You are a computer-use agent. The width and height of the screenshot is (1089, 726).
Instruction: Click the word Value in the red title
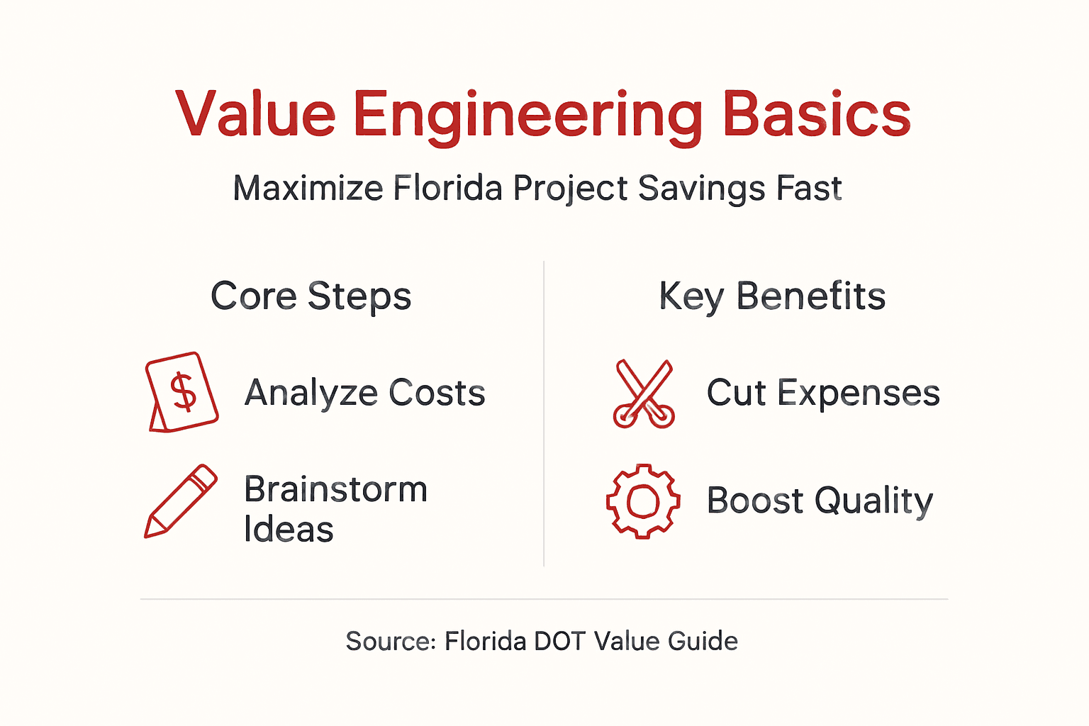(x=255, y=115)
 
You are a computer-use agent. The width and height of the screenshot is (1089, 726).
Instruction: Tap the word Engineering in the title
(x=527, y=117)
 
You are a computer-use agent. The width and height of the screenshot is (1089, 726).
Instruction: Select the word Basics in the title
(x=816, y=115)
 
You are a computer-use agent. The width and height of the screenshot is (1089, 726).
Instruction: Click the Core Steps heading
(x=311, y=296)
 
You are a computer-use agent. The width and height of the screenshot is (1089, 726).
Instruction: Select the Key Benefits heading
(x=772, y=296)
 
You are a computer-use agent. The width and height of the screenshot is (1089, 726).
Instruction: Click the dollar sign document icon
(x=181, y=392)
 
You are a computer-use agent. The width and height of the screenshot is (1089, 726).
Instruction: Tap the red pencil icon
(x=181, y=501)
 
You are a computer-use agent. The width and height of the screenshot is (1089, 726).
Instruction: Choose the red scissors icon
(x=644, y=393)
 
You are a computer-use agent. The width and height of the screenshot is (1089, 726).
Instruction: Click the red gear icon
(x=643, y=501)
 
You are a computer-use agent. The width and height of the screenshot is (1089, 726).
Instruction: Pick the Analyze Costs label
(x=364, y=393)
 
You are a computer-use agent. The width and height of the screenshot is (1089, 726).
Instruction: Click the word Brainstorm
(x=335, y=489)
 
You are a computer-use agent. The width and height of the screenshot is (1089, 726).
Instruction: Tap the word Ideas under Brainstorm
(x=288, y=530)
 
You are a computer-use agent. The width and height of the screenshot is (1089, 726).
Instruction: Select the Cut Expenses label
(x=822, y=393)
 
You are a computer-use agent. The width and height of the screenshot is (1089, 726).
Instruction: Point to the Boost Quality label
(x=820, y=501)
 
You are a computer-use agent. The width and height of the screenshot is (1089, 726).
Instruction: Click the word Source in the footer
(x=389, y=642)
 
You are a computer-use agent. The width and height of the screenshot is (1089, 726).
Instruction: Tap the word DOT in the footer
(x=559, y=642)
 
